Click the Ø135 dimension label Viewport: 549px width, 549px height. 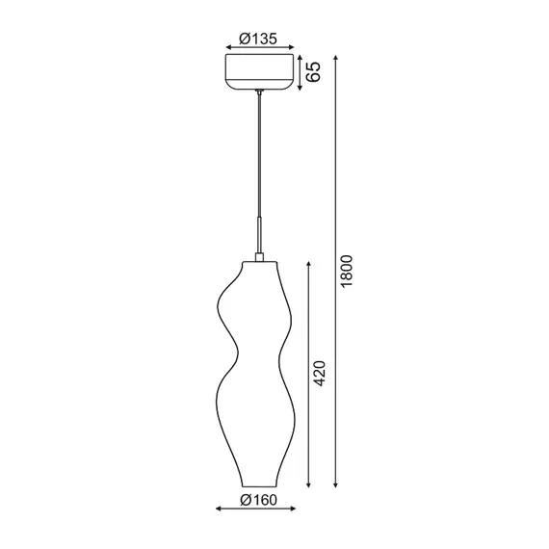[x=258, y=39]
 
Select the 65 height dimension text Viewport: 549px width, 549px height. [x=313, y=72]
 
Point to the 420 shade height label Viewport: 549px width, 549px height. [x=321, y=373]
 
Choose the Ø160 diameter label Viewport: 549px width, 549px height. [x=257, y=499]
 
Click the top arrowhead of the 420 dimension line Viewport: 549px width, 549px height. [x=307, y=261]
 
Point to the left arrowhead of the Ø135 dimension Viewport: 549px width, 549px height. [x=226, y=46]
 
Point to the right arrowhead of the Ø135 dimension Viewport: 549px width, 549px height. [x=291, y=46]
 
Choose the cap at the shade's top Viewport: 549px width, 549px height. [x=258, y=256]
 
